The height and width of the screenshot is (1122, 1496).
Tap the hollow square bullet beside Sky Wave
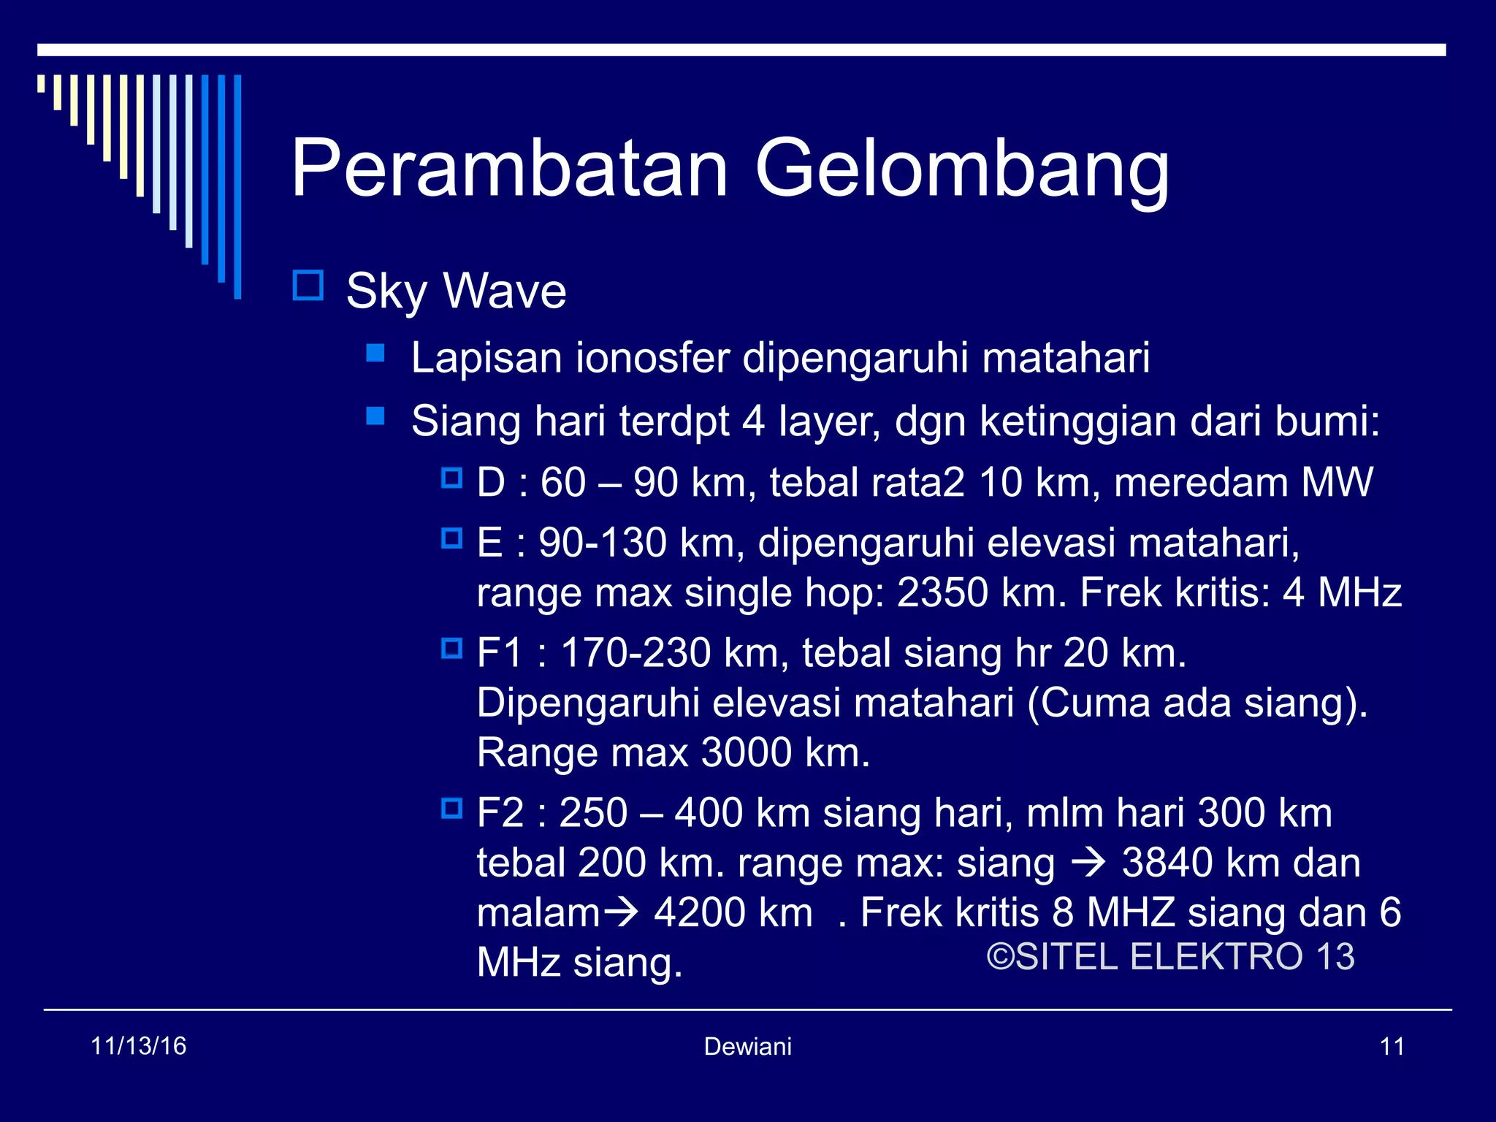(308, 286)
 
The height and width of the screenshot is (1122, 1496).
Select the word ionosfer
(652, 358)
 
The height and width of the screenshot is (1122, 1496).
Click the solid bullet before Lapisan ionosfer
(375, 354)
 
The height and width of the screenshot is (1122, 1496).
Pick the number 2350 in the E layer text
(942, 592)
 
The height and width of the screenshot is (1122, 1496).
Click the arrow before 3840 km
(1088, 863)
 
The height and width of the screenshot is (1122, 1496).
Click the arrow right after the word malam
(619, 912)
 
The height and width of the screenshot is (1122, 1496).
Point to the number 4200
(699, 912)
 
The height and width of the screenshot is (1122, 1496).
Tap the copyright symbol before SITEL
(1000, 957)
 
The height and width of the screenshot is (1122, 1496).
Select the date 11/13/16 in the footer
(138, 1046)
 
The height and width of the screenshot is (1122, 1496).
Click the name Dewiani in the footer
(747, 1047)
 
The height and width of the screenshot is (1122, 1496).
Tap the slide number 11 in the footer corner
(1392, 1047)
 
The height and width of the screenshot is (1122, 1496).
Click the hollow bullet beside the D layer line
(452, 478)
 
